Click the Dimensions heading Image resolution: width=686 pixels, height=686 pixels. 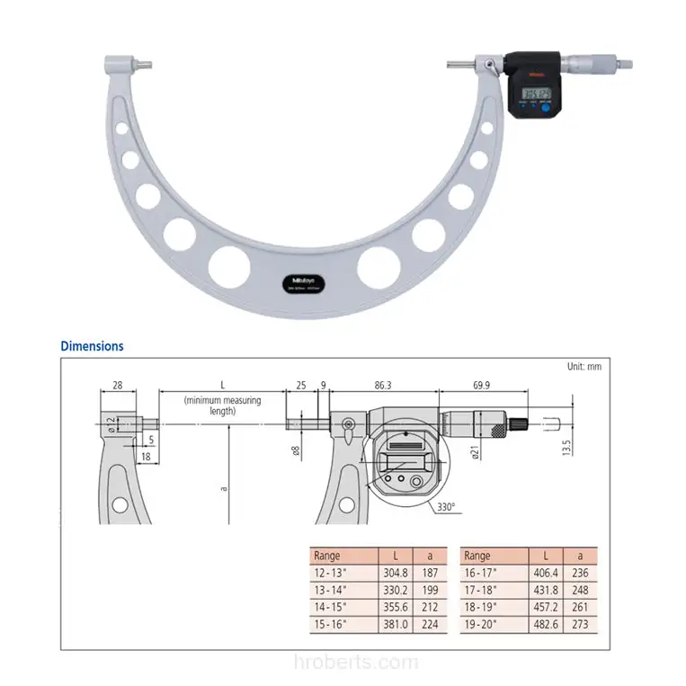pyautogui.click(x=92, y=345)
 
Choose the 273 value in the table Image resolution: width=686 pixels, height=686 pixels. pyautogui.click(x=580, y=622)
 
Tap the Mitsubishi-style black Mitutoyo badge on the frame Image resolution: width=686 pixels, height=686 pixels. pyautogui.click(x=301, y=281)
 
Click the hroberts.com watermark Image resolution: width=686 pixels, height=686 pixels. pyautogui.click(x=343, y=664)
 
